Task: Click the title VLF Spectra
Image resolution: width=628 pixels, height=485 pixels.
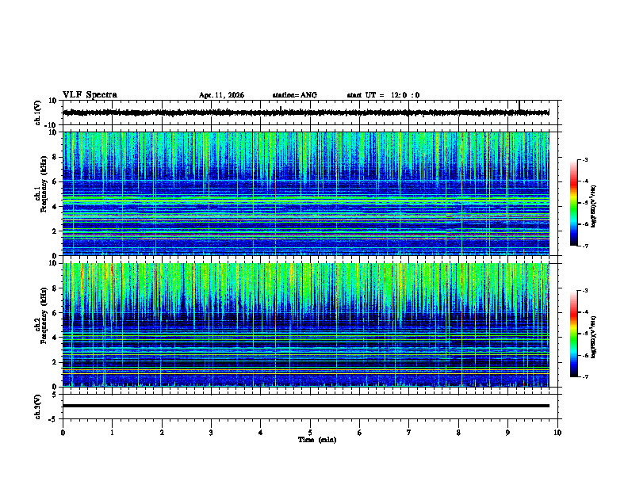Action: point(90,95)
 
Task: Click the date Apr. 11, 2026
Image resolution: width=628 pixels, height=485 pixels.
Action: point(221,95)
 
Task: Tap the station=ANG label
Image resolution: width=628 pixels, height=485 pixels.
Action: point(294,95)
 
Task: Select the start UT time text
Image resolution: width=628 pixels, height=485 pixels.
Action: point(383,95)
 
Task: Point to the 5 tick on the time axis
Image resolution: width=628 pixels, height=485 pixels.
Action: point(310,432)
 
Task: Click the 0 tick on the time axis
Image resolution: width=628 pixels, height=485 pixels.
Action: point(63,432)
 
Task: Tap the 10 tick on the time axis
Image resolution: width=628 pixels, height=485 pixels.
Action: point(557,432)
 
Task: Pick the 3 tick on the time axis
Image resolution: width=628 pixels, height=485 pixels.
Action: point(211,432)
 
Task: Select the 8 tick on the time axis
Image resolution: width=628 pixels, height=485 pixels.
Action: point(458,432)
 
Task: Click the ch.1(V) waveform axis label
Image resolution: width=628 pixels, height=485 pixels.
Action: point(38,113)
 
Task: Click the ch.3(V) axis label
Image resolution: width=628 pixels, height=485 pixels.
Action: point(38,405)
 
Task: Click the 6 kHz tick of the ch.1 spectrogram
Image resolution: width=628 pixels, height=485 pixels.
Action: point(56,181)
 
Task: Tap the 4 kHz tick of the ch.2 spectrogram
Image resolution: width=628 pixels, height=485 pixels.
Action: point(56,338)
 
